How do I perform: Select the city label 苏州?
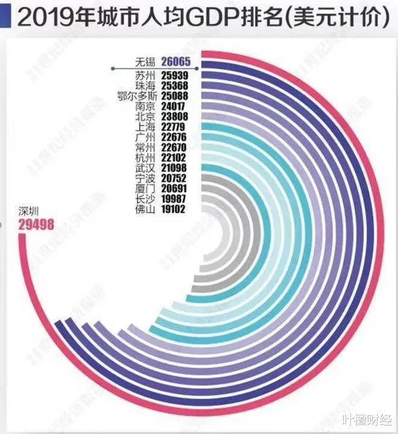[x=145, y=76]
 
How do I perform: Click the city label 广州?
[x=145, y=137]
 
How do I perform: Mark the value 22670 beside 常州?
[x=173, y=146]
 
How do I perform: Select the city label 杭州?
[x=145, y=157]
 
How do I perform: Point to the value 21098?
[x=173, y=167]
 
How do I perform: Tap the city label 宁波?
[x=145, y=178]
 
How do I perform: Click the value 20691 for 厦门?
[x=173, y=188]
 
